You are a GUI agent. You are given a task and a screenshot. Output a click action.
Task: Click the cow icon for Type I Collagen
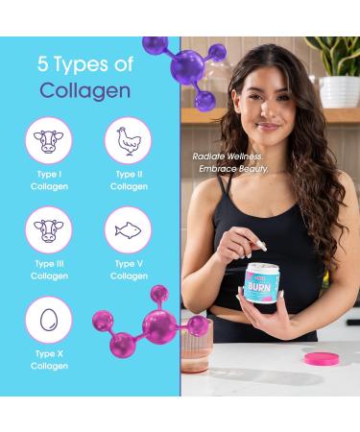48,140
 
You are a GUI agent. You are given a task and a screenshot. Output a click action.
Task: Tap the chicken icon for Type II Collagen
128,140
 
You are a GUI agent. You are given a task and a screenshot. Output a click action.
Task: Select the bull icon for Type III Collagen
48,229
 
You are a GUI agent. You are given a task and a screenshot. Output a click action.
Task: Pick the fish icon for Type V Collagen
128,229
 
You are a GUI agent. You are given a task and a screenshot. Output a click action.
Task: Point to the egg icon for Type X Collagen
48,320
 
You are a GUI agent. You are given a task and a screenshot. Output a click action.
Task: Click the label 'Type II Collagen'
129,180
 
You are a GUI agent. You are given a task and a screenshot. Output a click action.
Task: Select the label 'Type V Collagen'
129,270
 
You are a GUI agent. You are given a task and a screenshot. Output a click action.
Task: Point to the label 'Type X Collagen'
49,361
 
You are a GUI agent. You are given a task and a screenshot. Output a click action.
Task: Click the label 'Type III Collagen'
49,270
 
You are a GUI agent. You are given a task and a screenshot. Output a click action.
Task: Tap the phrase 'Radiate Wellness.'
228,156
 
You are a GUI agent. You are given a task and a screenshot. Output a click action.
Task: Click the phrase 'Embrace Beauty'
232,170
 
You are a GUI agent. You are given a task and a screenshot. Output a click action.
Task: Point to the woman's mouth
270,126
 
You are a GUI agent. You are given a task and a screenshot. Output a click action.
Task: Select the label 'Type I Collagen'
49,180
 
